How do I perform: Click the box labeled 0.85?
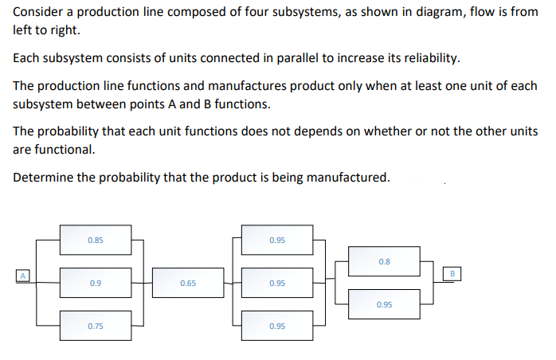coord(96,240)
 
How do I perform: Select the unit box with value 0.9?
coord(96,283)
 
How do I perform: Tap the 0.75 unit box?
coord(96,326)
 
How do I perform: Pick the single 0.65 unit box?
coord(188,283)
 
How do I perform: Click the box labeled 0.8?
coord(384,261)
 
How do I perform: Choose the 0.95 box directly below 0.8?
coord(384,304)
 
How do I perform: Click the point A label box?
coord(23,276)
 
